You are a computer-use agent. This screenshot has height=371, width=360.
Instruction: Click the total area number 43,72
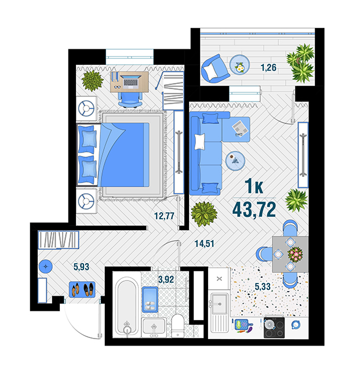tap(254, 210)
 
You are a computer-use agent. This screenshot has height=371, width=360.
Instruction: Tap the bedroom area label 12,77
tap(164, 216)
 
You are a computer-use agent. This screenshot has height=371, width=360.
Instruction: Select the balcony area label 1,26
tap(268, 68)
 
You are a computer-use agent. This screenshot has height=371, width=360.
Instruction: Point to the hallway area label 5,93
tap(81, 267)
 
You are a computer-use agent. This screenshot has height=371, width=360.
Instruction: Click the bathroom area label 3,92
tap(166, 279)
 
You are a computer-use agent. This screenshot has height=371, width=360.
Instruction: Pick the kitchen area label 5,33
tap(263, 286)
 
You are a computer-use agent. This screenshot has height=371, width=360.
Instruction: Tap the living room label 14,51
tap(204, 243)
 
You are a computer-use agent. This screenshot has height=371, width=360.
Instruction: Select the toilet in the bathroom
tap(178, 326)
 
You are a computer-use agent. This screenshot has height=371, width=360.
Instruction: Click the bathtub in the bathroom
tap(127, 307)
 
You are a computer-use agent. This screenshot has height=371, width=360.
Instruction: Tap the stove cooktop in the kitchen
tap(274, 327)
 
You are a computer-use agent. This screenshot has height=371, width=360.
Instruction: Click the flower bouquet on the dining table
tap(295, 254)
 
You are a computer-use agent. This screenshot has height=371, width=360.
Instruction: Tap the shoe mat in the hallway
tap(82, 290)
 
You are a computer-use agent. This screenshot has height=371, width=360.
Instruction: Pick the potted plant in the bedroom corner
tap(92, 81)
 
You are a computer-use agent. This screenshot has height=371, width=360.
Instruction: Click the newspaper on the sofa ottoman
tap(240, 128)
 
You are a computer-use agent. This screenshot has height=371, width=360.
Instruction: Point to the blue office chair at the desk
tap(130, 100)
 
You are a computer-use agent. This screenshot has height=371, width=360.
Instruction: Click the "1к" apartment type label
tap(254, 186)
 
